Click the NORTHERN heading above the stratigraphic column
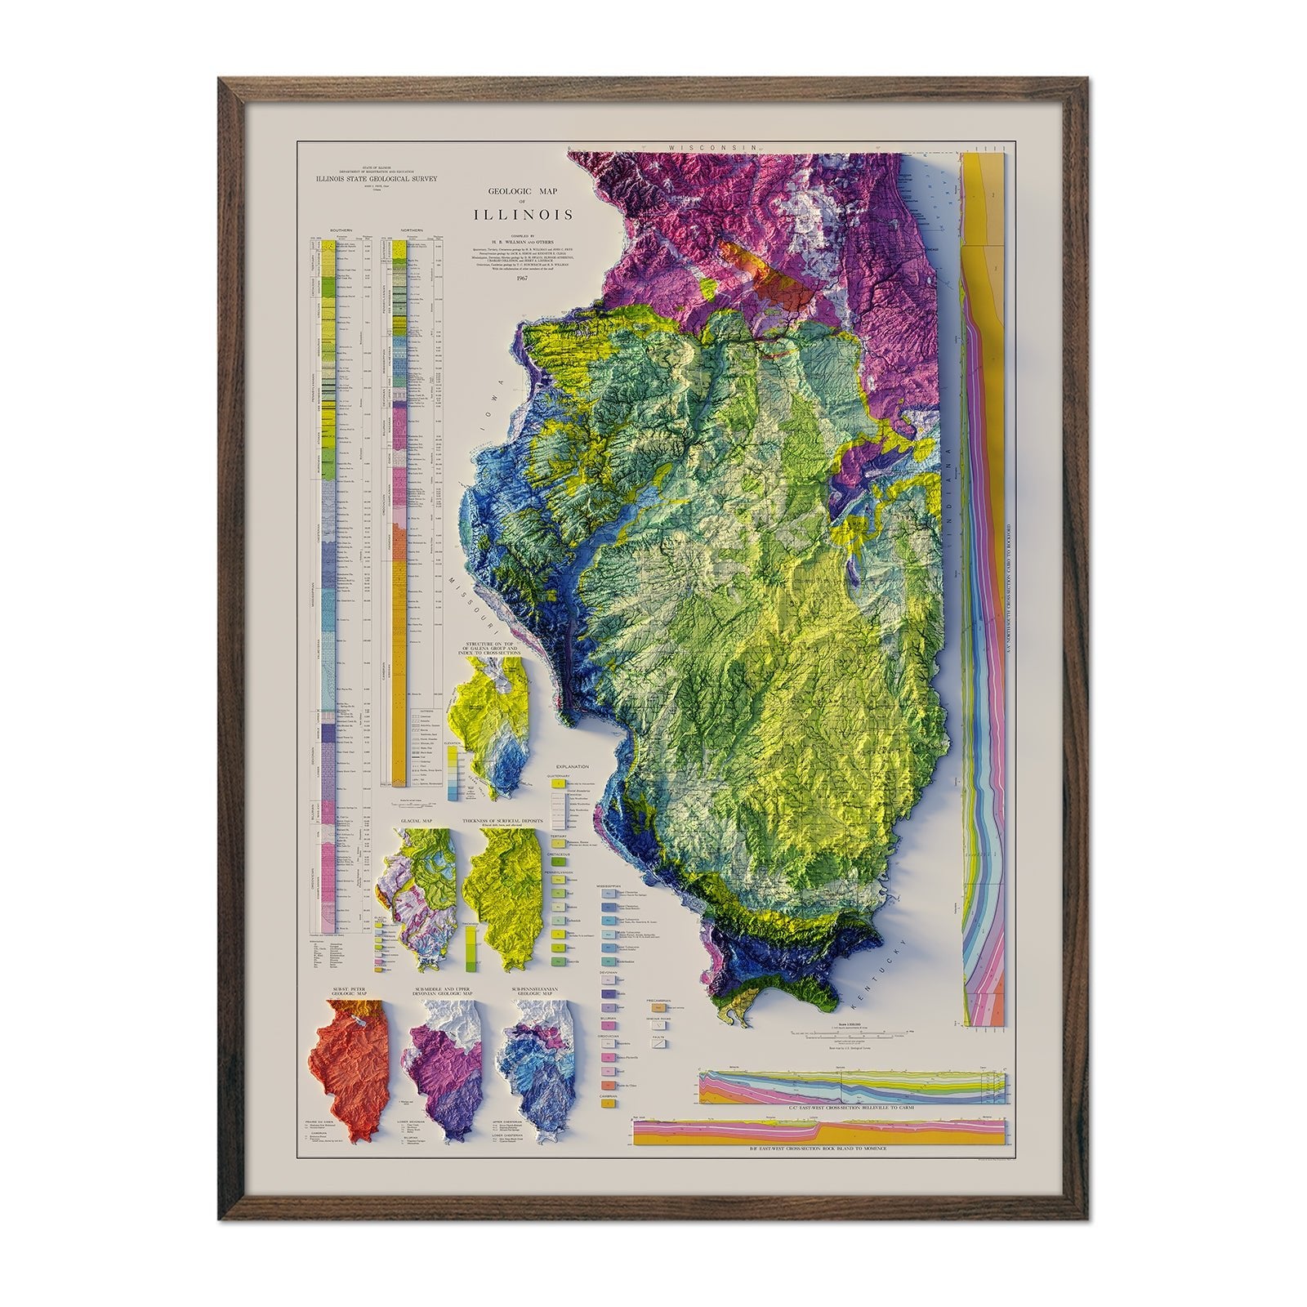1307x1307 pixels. [415, 231]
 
